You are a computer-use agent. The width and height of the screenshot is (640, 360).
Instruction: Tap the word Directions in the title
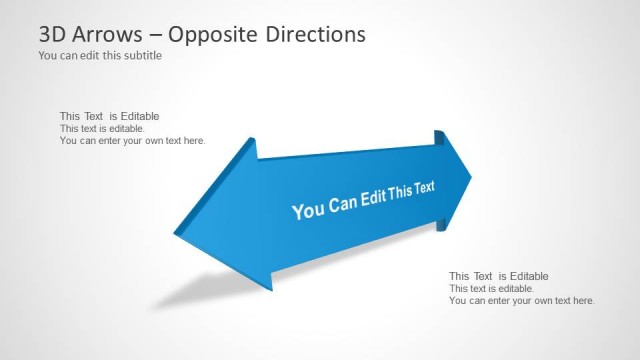point(316,34)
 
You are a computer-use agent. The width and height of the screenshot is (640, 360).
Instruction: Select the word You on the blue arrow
point(307,210)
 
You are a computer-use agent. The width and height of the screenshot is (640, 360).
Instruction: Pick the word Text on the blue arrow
point(423,185)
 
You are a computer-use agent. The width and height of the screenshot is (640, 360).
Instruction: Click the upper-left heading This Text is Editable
point(109,116)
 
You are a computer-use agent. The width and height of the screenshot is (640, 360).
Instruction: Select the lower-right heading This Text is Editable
point(498,276)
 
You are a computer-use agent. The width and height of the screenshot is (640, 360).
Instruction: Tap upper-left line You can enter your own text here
point(132,141)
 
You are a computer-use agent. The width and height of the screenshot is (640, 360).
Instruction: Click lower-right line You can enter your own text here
point(521,300)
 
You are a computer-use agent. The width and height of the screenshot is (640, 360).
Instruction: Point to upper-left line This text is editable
point(102,129)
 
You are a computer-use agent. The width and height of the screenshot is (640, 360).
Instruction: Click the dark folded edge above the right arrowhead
point(438,139)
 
